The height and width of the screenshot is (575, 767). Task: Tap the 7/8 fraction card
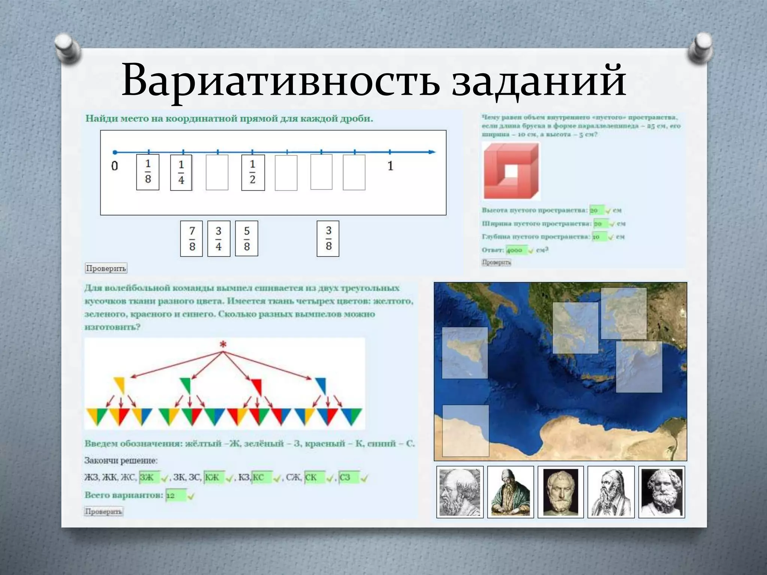pos(191,238)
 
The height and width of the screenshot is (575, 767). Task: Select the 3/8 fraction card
pos(328,238)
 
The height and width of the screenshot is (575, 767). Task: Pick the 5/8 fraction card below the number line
pos(246,238)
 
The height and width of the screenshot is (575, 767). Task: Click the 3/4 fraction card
pos(219,238)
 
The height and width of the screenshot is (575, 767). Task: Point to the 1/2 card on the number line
pos(253,173)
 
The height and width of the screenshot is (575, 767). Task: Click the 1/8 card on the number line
pos(148,172)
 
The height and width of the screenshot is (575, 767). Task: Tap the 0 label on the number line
pos(115,166)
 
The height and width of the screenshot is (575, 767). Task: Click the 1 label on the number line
pos(390,166)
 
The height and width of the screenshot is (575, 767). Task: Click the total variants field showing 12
pos(175,496)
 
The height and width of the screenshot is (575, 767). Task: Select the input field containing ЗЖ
pos(149,477)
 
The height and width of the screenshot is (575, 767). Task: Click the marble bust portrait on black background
pos(561,492)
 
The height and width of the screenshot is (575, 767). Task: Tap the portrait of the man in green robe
pos(510,492)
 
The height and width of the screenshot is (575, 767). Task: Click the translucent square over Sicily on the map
pos(465,353)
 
